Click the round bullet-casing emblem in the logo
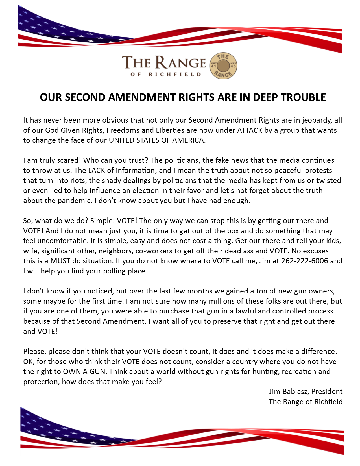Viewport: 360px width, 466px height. (x=223, y=66)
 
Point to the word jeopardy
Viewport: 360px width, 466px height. (x=317, y=120)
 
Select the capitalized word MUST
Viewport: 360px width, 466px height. (x=60, y=261)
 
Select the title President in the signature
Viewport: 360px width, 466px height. (x=327, y=392)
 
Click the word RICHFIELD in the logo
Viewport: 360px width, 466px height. (x=175, y=75)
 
